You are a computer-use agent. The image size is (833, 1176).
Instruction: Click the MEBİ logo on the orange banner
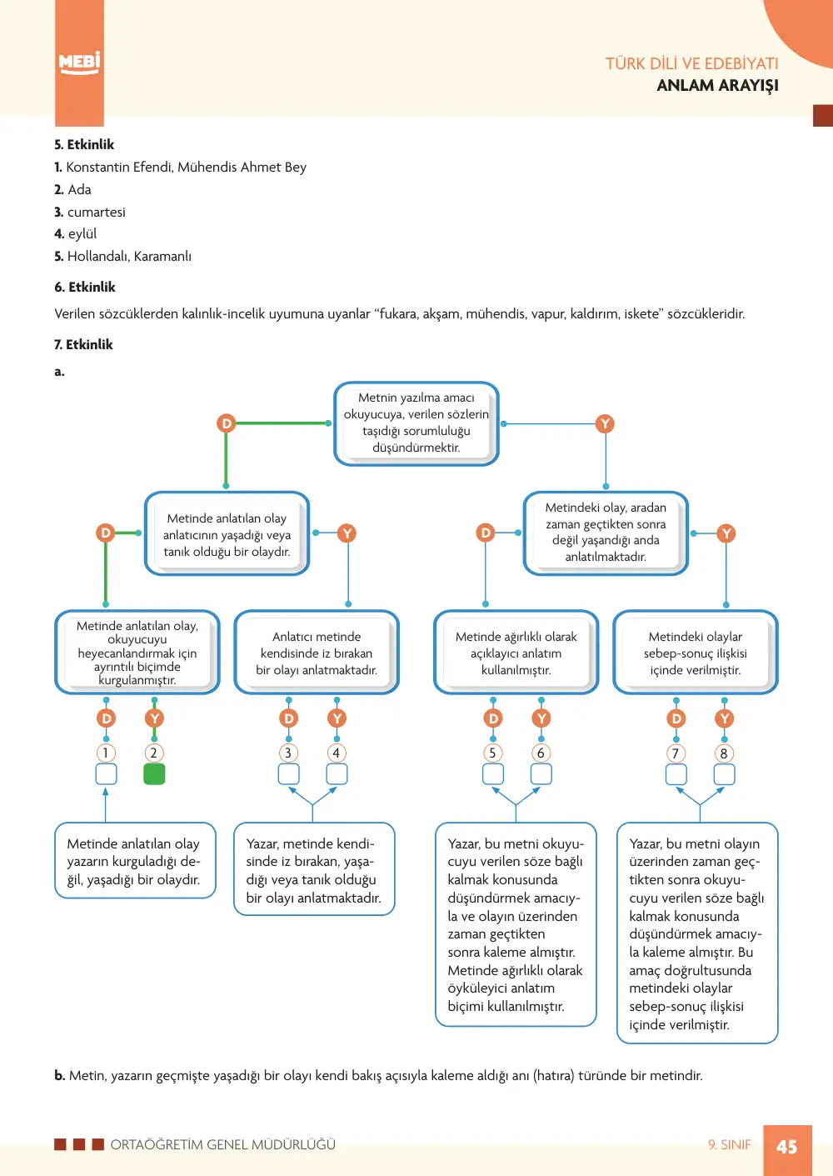click(79, 63)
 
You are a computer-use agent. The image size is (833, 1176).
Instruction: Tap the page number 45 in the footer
click(787, 1147)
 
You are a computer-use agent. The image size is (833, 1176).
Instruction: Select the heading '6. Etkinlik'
click(84, 287)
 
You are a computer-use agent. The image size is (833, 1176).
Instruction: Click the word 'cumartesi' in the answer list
click(97, 212)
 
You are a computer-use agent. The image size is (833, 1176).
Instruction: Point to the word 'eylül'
click(82, 233)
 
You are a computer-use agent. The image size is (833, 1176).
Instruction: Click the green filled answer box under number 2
click(154, 774)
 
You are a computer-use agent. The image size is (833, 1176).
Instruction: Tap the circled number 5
click(492, 753)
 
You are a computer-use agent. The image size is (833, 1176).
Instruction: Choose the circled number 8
click(724, 753)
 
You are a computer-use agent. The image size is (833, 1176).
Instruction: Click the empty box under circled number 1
click(106, 774)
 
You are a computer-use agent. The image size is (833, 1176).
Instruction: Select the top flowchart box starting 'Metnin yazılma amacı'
click(416, 423)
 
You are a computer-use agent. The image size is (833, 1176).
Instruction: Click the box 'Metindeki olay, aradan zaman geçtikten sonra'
click(606, 533)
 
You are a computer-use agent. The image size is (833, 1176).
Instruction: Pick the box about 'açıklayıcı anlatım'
click(516, 653)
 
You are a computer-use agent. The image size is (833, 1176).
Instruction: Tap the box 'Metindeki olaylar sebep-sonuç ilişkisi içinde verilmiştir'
click(696, 653)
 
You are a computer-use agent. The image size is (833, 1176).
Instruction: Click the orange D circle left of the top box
click(226, 423)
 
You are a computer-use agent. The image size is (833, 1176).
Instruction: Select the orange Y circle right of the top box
click(605, 423)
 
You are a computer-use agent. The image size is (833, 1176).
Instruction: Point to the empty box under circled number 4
click(337, 774)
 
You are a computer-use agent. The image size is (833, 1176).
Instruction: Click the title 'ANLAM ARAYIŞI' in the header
click(717, 85)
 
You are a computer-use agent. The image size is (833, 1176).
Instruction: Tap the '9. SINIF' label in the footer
click(730, 1144)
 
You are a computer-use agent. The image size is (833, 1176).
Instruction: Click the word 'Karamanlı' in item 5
click(162, 256)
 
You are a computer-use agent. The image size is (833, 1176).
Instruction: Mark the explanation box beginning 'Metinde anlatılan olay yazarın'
click(135, 861)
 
